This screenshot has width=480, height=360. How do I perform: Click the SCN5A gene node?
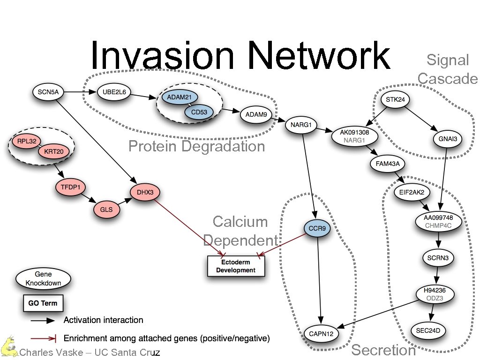point(48,92)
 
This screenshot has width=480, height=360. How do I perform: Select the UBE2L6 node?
point(114,92)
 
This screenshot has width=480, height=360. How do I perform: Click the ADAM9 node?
point(256,114)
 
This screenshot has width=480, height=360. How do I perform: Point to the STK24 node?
point(395,99)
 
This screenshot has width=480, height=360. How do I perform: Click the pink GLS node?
point(106,210)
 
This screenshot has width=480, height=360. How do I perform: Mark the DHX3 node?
point(145,192)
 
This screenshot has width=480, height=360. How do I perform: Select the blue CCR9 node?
point(317,229)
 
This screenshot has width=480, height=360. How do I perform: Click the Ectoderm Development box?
point(236,266)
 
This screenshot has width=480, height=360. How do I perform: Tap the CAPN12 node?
point(321,333)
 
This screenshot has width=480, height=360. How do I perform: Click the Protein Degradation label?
point(196,146)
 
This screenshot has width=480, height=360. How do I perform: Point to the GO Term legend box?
point(43,303)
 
